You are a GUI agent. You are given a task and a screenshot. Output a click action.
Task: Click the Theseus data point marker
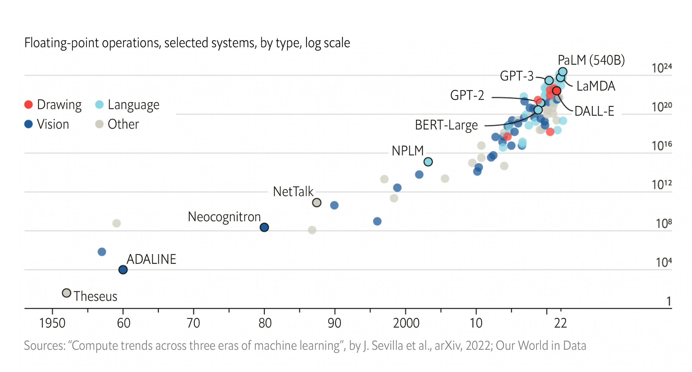(x=66, y=293)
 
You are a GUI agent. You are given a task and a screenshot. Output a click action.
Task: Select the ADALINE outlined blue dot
(x=123, y=270)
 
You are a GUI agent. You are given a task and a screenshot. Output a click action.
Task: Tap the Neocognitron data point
(x=264, y=227)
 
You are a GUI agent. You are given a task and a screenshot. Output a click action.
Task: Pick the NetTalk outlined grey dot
(x=316, y=203)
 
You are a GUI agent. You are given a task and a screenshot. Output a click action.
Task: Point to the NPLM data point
(x=428, y=162)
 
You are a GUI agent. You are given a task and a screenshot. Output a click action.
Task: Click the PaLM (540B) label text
(x=591, y=60)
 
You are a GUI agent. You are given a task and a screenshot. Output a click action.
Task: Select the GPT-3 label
(x=516, y=76)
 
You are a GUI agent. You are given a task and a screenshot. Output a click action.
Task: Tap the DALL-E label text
(x=594, y=111)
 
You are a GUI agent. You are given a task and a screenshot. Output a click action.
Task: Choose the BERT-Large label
(x=446, y=125)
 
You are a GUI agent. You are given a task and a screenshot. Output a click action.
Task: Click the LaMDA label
(x=596, y=86)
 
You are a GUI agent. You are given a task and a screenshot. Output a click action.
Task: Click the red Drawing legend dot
(x=28, y=105)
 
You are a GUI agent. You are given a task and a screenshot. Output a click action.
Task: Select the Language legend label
(x=133, y=105)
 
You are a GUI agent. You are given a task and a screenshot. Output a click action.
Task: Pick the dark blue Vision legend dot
(x=28, y=124)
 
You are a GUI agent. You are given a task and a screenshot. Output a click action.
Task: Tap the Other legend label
(x=123, y=124)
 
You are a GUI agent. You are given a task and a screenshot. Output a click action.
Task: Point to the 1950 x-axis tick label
(x=52, y=323)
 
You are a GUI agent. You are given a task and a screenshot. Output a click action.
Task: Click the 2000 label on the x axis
(x=406, y=323)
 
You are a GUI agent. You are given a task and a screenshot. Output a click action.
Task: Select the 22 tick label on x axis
(x=560, y=323)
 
